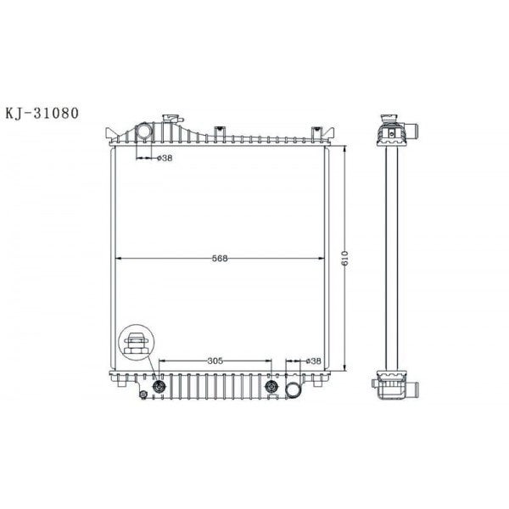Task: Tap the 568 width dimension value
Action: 221,259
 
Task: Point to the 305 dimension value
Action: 215,361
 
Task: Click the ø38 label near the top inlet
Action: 165,158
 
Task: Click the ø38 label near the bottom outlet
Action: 314,361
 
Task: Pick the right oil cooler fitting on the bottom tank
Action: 271,388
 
